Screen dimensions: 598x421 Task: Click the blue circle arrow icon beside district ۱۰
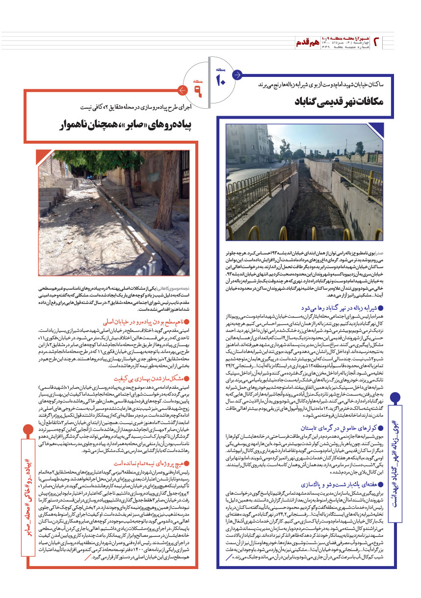coord(237,75)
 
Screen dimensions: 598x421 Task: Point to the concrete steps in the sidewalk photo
coord(54,196)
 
